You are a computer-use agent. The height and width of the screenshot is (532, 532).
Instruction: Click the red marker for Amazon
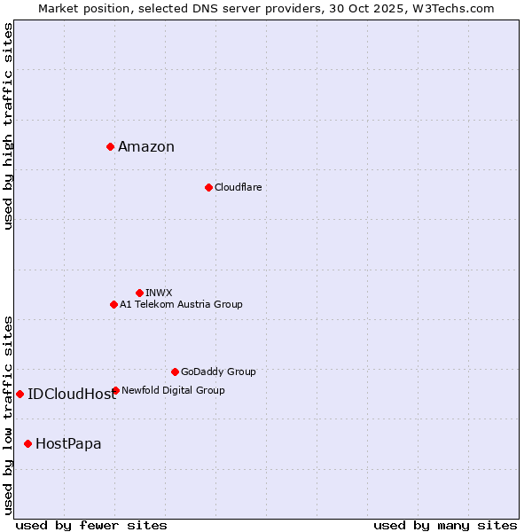pyautogui.click(x=110, y=146)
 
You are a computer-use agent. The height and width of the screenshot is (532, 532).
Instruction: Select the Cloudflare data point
pyautogui.click(x=208, y=187)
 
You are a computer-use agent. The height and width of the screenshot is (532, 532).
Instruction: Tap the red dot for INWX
pyautogui.click(x=139, y=293)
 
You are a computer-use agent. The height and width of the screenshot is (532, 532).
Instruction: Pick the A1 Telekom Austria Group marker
pyautogui.click(x=113, y=304)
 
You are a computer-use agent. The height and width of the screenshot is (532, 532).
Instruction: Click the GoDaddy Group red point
pyautogui.click(x=175, y=372)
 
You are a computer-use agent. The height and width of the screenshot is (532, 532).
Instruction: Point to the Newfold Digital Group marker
pyautogui.click(x=115, y=390)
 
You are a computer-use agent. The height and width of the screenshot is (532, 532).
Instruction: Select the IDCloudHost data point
pyautogui.click(x=20, y=394)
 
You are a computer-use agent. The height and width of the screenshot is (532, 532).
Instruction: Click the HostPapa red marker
pyautogui.click(x=27, y=443)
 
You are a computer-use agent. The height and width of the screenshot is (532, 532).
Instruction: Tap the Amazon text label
pyautogui.click(x=146, y=147)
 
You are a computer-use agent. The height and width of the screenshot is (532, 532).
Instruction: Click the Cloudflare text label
pyautogui.click(x=238, y=187)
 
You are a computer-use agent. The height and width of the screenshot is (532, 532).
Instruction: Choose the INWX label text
pyautogui.click(x=159, y=293)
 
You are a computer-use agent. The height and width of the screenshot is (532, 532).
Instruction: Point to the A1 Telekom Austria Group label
pyautogui.click(x=181, y=304)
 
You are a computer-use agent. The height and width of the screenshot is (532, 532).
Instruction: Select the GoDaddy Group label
pyautogui.click(x=218, y=372)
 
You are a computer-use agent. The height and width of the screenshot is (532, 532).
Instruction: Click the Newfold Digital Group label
pyautogui.click(x=173, y=390)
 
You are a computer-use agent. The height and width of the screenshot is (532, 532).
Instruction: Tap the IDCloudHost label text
pyautogui.click(x=72, y=395)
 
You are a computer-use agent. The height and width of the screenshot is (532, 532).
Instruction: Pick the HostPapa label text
pyautogui.click(x=68, y=444)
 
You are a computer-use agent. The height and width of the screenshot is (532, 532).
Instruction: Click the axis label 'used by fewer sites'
pyautogui.click(x=91, y=525)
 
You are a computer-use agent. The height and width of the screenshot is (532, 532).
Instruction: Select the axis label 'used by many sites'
pyautogui.click(x=445, y=525)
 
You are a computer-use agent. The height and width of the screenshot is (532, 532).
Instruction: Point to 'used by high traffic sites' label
pyautogui.click(x=9, y=126)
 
